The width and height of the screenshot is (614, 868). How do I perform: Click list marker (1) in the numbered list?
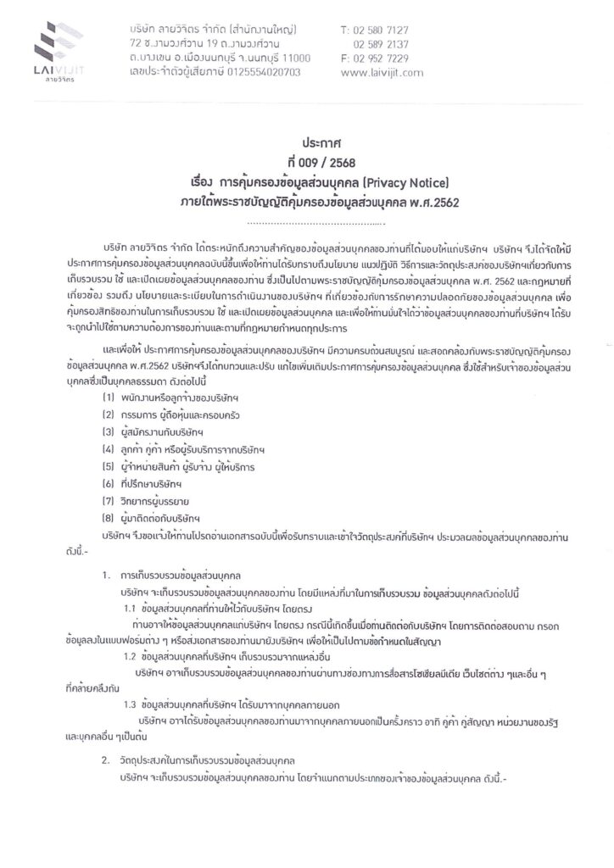tap(109, 395)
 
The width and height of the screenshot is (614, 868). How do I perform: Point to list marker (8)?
tap(109, 518)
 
